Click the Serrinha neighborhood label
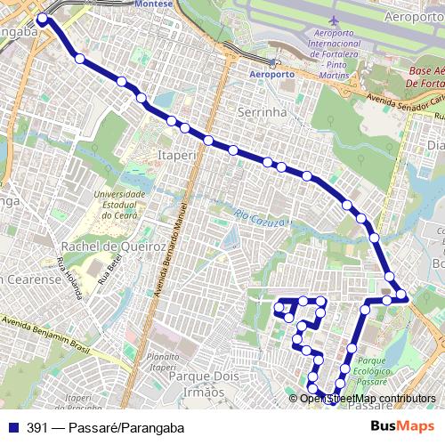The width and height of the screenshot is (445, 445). pyautogui.click(x=261, y=112)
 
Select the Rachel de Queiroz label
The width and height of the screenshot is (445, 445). pyautogui.click(x=112, y=247)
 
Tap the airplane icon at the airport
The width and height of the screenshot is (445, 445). pyautogui.click(x=334, y=20)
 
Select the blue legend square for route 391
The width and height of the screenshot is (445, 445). pyautogui.click(x=12, y=426)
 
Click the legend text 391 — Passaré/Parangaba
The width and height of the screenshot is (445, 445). pyautogui.click(x=100, y=426)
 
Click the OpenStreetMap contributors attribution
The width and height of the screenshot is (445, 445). pyautogui.click(x=368, y=398)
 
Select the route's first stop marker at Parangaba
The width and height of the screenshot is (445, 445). pyautogui.click(x=42, y=18)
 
